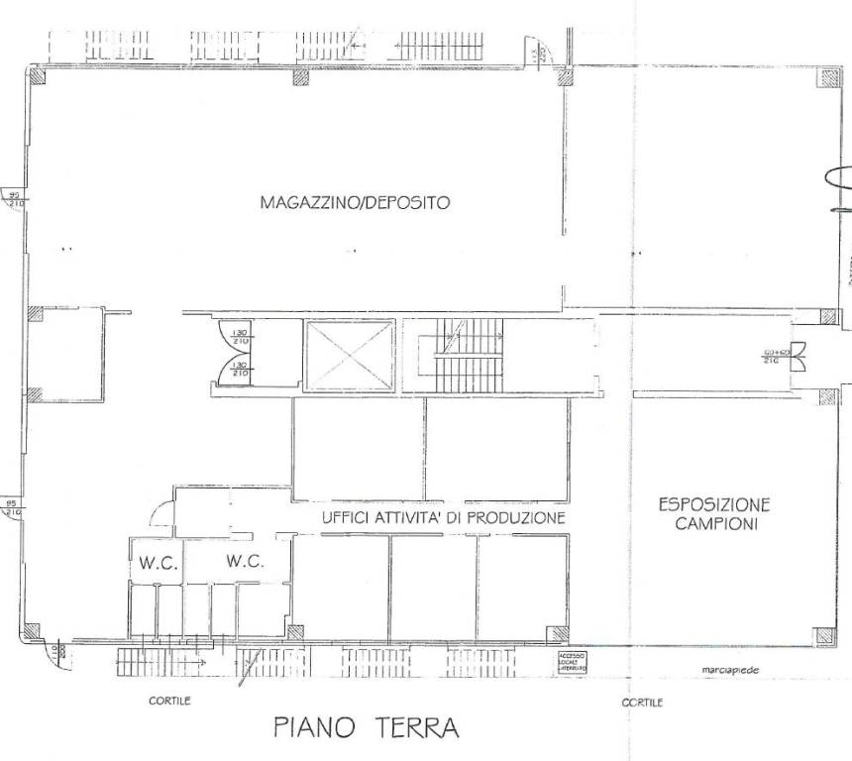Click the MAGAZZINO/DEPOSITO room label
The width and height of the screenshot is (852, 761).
pos(355,203)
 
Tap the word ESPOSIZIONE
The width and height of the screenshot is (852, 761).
pos(714,504)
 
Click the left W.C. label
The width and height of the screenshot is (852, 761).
pos(158,564)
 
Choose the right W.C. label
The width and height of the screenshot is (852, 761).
pos(245,561)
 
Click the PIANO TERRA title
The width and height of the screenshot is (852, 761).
pos(367,729)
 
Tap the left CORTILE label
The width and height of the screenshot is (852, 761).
pos(169,701)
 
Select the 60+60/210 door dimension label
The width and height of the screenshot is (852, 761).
pos(774,357)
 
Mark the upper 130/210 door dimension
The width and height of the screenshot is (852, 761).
pos(239,337)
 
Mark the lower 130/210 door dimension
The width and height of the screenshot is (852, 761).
pos(239,370)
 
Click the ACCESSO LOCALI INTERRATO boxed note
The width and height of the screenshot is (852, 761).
pos(573,663)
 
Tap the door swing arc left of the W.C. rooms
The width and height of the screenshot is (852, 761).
pos(159,513)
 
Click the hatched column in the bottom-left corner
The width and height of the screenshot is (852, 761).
pos(34,631)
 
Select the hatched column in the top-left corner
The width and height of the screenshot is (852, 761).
pos(36,78)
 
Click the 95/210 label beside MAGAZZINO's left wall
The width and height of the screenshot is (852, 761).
pos(15,199)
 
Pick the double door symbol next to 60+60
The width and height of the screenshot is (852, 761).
pos(799,351)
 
